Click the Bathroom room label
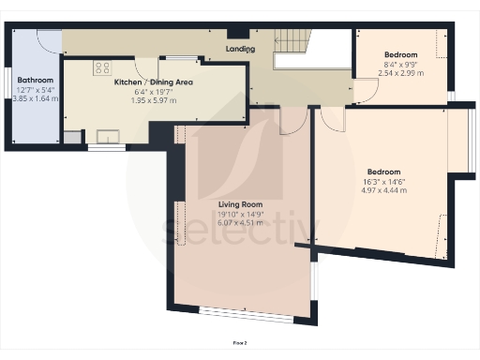[34, 81]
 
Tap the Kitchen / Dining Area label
[154, 82]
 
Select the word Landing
[242, 47]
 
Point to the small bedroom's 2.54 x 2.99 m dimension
[401, 72]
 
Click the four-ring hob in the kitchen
[101, 67]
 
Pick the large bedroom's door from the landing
[331, 116]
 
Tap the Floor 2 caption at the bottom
[240, 344]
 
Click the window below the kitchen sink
[106, 147]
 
